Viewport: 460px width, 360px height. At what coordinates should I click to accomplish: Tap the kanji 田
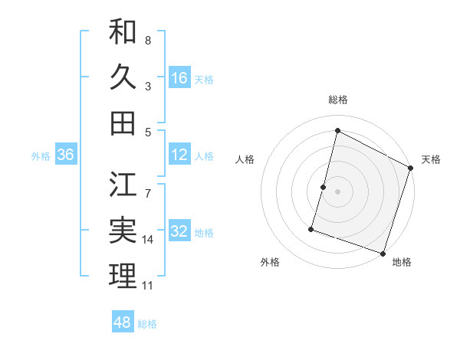point(123,123)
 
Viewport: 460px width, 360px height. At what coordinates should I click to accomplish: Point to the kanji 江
point(123,184)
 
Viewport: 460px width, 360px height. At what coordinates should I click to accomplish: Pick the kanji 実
point(123,230)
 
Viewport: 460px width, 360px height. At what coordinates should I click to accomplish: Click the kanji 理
point(123,276)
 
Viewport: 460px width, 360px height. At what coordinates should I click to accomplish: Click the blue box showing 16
point(179,78)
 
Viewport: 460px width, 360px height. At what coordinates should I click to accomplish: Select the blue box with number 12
point(179,155)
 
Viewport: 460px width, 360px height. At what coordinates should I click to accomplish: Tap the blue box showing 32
point(179,232)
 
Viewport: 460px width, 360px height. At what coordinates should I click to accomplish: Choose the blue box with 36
point(66,155)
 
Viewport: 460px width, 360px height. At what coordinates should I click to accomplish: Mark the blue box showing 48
point(123,322)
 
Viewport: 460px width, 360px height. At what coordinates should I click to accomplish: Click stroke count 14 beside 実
point(148,240)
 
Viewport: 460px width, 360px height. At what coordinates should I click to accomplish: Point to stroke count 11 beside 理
point(147,286)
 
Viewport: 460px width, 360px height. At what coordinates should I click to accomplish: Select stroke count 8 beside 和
point(147,40)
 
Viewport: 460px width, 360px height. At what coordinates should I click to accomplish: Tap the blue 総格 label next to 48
point(147,324)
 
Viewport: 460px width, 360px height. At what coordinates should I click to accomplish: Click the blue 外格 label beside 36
point(40,156)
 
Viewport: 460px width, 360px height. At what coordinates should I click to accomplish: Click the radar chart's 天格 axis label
point(431,159)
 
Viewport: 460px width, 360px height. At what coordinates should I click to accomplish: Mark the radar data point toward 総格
point(337,130)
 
